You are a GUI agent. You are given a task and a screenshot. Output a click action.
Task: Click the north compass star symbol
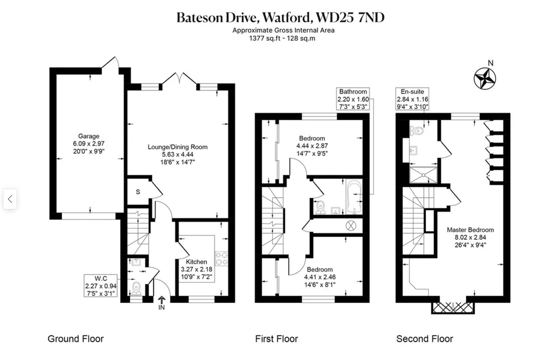tap(485, 79)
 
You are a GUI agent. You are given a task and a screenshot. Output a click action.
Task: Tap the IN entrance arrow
tap(162, 301)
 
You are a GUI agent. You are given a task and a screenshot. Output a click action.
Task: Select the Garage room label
tap(89, 136)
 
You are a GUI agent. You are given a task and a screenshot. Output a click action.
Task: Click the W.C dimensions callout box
tap(101, 286)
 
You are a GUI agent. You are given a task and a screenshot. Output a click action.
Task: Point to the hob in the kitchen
tap(222, 259)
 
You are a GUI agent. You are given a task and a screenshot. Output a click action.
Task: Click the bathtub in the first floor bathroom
tap(354, 197)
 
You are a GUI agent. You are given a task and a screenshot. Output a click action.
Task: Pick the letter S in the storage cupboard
tap(138, 192)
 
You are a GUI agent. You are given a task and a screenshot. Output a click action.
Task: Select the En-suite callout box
tap(412, 99)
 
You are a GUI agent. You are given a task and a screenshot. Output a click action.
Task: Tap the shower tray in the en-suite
tap(423, 175)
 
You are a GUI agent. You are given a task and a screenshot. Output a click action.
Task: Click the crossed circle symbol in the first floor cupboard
tap(351, 226)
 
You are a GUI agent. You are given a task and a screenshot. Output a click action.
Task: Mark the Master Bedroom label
tap(470, 230)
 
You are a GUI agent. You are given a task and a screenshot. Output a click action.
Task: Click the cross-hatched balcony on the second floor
tap(453, 308)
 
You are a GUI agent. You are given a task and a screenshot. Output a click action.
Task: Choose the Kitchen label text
tap(196, 262)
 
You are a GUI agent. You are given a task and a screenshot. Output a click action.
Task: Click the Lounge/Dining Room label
tap(178, 147)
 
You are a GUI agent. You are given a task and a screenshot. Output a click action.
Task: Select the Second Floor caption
tap(424, 339)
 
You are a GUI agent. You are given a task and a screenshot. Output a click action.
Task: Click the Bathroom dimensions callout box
tap(353, 99)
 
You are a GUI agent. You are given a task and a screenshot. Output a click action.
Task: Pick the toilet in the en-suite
tap(417, 131)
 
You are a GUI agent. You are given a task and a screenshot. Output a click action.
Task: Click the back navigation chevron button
tap(10, 199)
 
